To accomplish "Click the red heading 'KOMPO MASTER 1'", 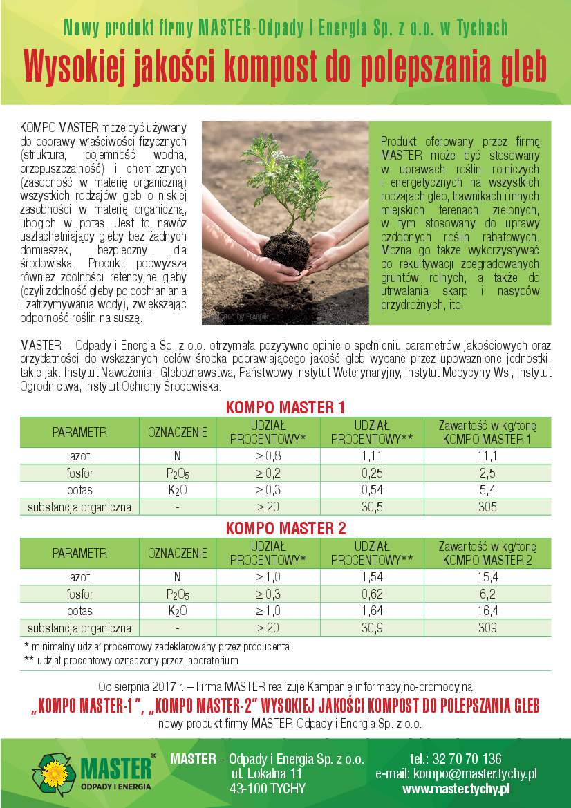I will pos(285,408).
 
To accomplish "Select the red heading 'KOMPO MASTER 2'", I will pos(285,529).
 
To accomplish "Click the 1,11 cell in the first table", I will pos(372,456).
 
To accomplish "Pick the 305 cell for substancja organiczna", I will pos(487,507).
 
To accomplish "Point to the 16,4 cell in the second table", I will pos(487,611).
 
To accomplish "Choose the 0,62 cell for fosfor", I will pos(372,594).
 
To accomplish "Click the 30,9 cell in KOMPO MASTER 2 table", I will pos(372,628).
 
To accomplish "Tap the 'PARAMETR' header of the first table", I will pos(79,433).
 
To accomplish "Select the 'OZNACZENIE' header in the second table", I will pos(178,553).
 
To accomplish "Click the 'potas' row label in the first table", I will pos(79,490).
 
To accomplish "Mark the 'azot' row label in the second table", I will pos(79,577).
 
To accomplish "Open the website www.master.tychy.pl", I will pos(456,789).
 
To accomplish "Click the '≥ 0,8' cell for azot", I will pos(269,456).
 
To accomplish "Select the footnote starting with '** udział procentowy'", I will pos(131,661).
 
